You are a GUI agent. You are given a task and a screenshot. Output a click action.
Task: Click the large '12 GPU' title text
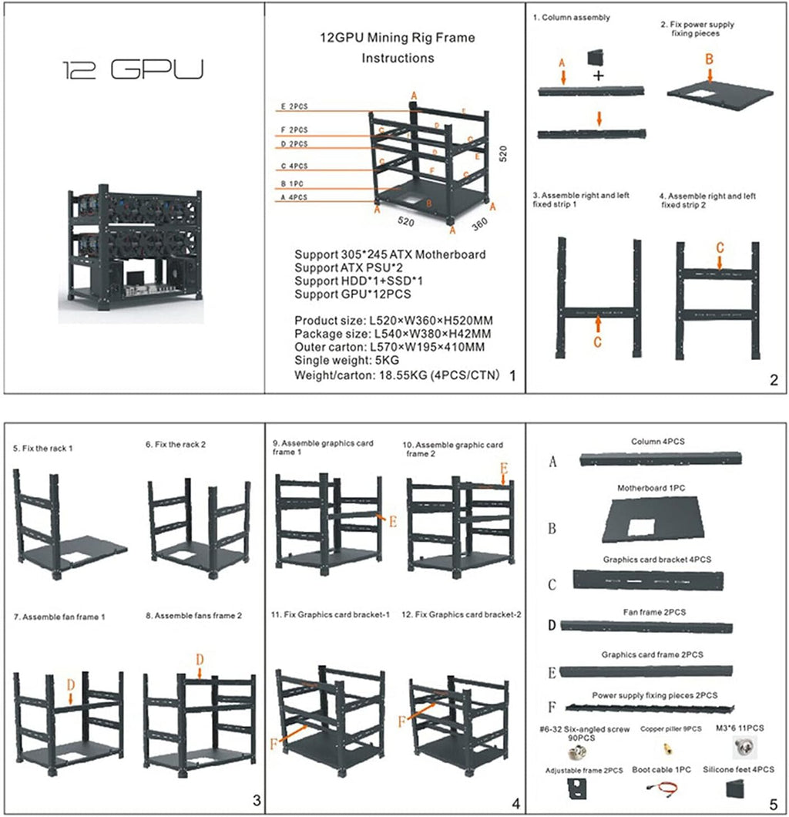coord(132,71)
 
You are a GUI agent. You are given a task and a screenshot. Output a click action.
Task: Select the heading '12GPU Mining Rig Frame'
coord(398,37)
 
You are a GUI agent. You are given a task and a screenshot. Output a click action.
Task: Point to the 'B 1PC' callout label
coord(294,185)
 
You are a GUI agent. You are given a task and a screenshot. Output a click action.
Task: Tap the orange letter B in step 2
coord(710,58)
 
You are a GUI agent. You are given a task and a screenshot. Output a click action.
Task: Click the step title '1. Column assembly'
coord(571,18)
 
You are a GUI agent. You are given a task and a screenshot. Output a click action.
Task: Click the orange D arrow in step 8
coord(200,663)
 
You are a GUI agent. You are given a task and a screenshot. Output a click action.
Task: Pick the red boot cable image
coord(662,790)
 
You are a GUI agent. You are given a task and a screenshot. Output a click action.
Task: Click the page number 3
coord(256,802)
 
